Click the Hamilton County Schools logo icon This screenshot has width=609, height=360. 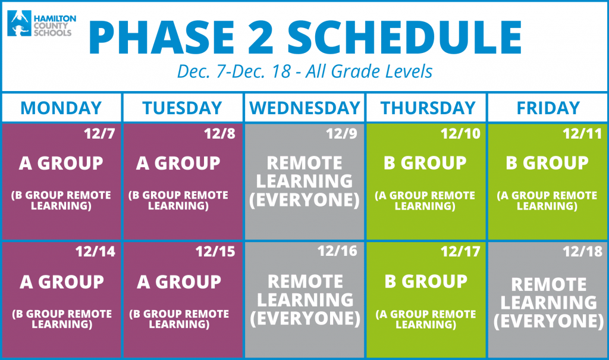[x=19, y=23]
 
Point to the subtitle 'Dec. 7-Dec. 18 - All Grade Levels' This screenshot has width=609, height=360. [x=305, y=71]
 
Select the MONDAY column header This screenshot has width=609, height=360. [x=61, y=108]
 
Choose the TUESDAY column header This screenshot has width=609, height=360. [x=182, y=108]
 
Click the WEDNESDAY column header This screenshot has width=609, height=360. [x=305, y=108]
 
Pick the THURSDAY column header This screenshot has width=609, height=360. [x=428, y=108]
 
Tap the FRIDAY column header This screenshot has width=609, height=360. [x=548, y=108]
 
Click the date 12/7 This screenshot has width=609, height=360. [x=99, y=134]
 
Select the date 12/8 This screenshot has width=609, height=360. [x=220, y=134]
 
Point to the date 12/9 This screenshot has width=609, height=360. [x=341, y=134]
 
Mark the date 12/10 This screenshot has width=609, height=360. [x=460, y=134]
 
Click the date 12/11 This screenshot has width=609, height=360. [x=582, y=134]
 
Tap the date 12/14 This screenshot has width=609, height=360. [x=95, y=252]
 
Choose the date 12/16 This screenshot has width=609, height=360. [x=337, y=252]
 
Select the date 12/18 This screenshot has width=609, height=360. [x=583, y=252]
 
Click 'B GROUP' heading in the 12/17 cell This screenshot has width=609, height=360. [x=426, y=281]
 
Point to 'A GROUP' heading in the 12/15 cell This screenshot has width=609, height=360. [x=179, y=282]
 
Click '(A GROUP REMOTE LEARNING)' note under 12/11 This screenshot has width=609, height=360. [x=547, y=201]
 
